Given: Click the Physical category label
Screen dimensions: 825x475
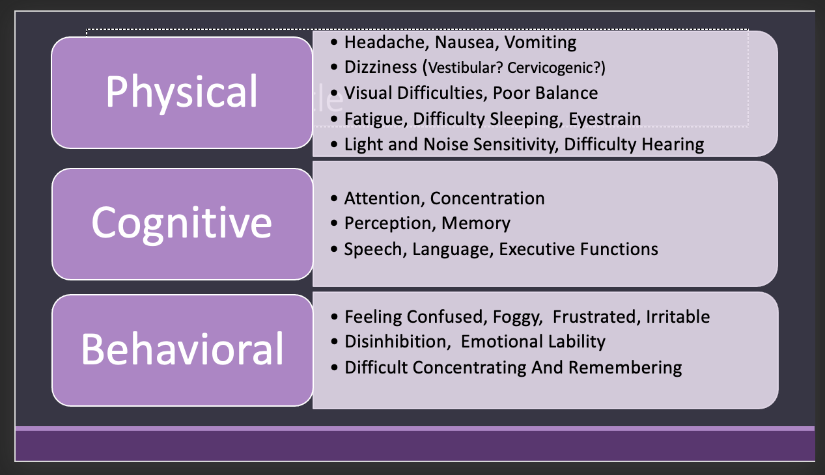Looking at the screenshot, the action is tap(182, 92).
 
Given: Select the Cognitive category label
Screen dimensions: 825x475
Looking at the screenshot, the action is tap(182, 223).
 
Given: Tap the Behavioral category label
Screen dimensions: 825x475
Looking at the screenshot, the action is tap(182, 349).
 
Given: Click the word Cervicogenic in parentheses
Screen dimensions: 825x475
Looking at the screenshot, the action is tap(567, 68).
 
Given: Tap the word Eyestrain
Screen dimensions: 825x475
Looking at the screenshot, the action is tap(605, 119).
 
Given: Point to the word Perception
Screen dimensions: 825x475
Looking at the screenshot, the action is tap(387, 223).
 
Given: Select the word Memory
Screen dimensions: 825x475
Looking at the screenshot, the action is tap(475, 223).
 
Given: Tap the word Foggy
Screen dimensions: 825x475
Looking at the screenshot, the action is tap(517, 317).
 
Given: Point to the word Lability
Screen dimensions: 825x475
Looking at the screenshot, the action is tap(576, 342).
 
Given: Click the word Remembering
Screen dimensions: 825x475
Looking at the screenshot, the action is tap(625, 368).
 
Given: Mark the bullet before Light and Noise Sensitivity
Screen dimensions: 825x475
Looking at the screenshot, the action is tap(334, 144).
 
